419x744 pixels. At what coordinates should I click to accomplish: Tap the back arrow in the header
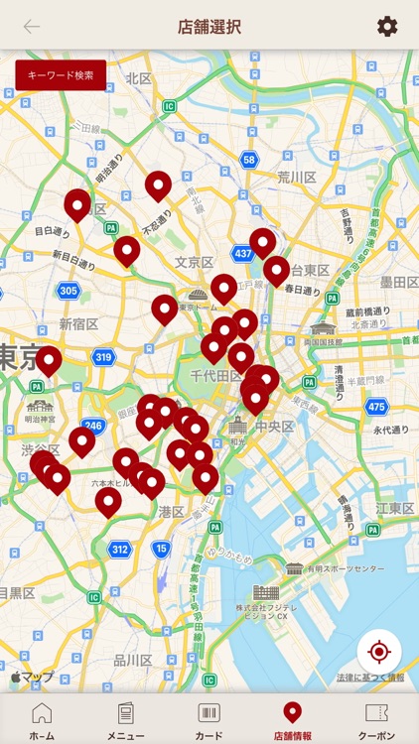click(32, 27)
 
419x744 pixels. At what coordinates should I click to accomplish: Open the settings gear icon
click(387, 27)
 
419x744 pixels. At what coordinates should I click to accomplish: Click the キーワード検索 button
click(61, 75)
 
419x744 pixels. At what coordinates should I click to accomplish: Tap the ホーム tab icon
click(42, 714)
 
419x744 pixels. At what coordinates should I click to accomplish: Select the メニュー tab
click(125, 714)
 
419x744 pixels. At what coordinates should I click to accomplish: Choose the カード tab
click(209, 714)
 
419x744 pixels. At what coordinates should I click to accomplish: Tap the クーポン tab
click(376, 714)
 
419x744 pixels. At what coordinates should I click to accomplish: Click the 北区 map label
click(139, 78)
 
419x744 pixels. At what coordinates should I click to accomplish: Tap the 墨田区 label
click(398, 283)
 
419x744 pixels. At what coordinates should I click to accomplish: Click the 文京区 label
click(195, 263)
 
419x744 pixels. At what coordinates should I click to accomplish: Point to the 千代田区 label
click(209, 377)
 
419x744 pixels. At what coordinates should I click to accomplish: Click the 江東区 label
click(394, 509)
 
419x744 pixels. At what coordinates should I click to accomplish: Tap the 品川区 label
click(132, 661)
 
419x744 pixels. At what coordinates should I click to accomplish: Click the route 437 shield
click(242, 254)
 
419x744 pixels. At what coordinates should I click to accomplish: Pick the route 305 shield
click(68, 291)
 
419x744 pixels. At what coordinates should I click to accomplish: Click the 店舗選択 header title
click(209, 27)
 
